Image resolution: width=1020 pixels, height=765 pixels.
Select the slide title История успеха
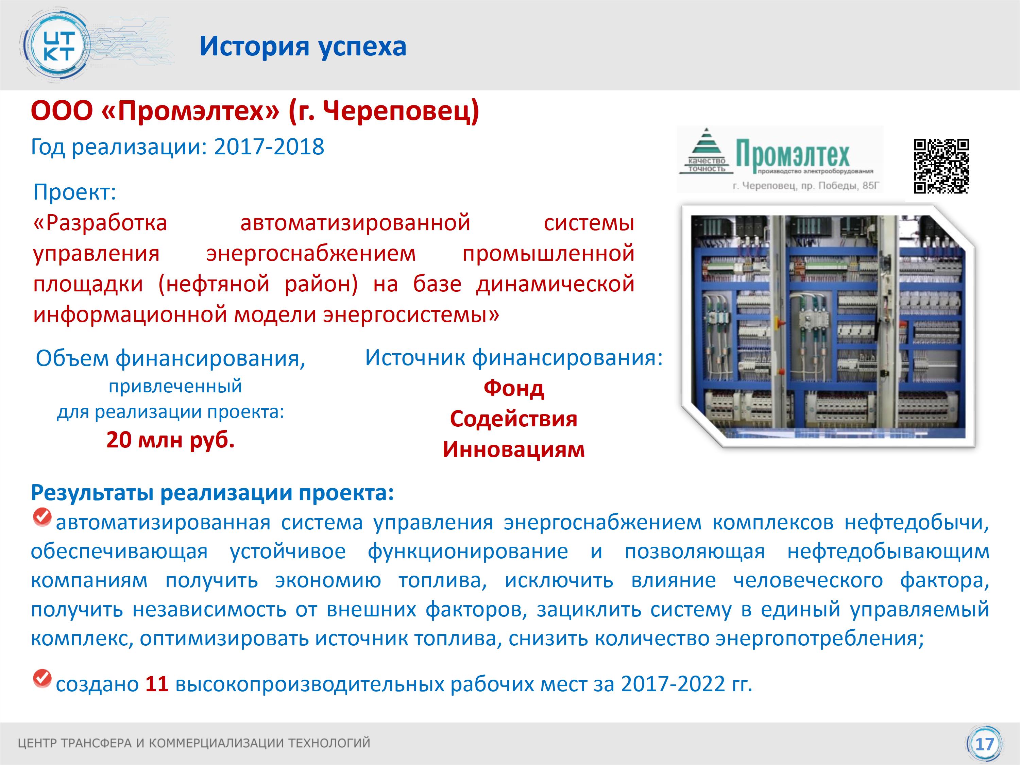pyautogui.click(x=303, y=46)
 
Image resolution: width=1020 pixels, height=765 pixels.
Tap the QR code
pyautogui.click(x=941, y=166)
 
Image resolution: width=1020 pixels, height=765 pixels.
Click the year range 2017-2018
pyautogui.click(x=269, y=147)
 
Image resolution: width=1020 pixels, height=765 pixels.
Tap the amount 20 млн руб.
pyautogui.click(x=171, y=440)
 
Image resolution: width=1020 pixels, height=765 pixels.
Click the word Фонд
pyautogui.click(x=514, y=388)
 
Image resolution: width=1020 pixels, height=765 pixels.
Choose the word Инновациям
pyautogui.click(x=514, y=449)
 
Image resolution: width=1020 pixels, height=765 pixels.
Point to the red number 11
pyautogui.click(x=157, y=683)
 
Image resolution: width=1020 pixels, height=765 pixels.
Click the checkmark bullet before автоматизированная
pyautogui.click(x=42, y=516)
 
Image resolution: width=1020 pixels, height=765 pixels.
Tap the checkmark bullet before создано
pyautogui.click(x=42, y=678)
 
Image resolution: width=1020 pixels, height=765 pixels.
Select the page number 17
pyautogui.click(x=985, y=744)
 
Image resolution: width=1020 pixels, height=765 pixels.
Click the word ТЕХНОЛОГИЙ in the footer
pyautogui.click(x=329, y=743)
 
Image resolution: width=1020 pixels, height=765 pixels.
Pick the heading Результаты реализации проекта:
pyautogui.click(x=213, y=492)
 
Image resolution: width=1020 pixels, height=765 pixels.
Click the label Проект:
pyautogui.click(x=75, y=192)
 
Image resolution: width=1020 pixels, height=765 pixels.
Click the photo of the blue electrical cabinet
pyautogui.click(x=828, y=326)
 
